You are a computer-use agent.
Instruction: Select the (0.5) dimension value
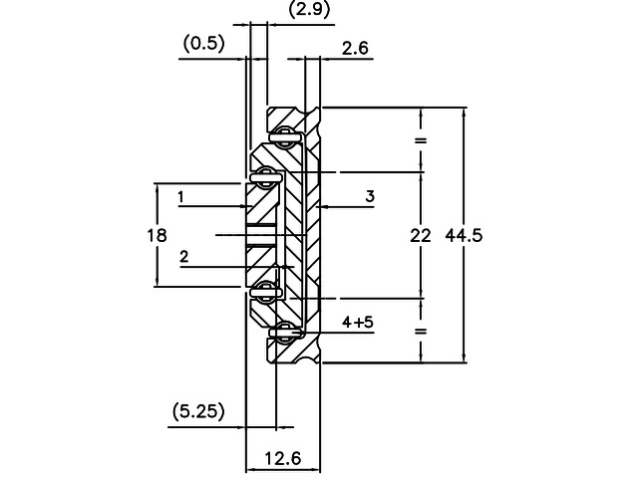(204, 43)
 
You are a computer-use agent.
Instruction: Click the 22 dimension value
(420, 236)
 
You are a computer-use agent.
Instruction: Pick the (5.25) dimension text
(196, 409)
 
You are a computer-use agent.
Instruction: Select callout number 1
(180, 197)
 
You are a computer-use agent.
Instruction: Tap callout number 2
(184, 257)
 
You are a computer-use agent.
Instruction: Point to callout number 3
(369, 197)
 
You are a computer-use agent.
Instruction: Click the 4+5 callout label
(360, 322)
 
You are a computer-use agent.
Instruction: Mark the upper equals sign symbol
(420, 140)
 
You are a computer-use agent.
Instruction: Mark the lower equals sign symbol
(420, 331)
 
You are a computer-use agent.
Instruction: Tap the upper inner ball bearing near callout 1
(266, 177)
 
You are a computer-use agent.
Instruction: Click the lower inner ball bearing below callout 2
(266, 291)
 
